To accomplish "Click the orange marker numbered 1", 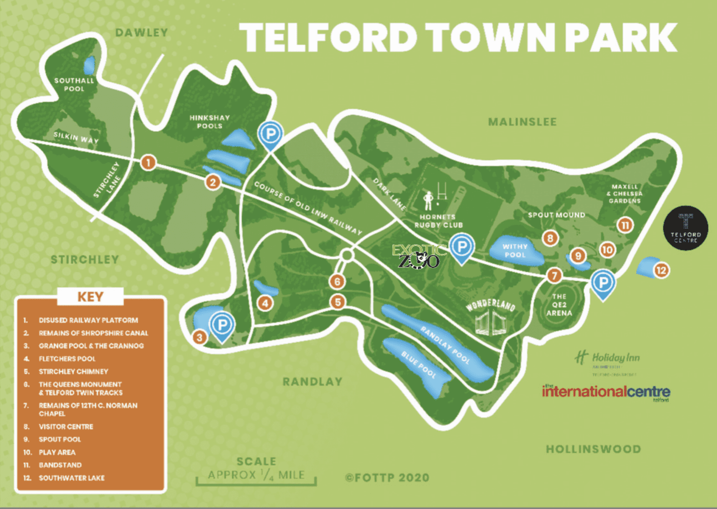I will point(148,162).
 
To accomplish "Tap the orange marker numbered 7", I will point(554,275).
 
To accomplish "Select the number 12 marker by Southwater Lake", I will point(661,270).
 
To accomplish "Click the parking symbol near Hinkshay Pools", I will point(270,134).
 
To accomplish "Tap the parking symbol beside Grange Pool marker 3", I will point(222,325).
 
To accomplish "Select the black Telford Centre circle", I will point(686,228).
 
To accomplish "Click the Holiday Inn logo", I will point(608,358).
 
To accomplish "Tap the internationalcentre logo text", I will point(606,392).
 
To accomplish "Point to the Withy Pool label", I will point(515,251).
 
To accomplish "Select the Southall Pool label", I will point(74,85).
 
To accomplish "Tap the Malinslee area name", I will point(522,122).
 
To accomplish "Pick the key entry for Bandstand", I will point(60,465).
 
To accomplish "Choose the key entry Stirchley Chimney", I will point(73,371).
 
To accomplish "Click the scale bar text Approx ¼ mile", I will point(256,475).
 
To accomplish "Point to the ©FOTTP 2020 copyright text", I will point(387,478).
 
